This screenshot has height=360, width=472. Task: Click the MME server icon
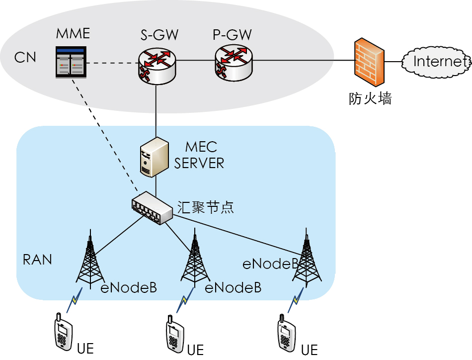[71, 62]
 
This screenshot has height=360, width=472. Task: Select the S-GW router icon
[156, 65]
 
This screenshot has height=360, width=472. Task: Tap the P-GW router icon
[234, 62]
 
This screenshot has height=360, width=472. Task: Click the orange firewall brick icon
[369, 63]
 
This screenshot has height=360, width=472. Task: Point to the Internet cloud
[436, 62]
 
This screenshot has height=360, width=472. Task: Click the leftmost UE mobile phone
[63, 333]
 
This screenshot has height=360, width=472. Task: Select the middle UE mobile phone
[174, 334]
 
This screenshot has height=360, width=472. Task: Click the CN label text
[25, 58]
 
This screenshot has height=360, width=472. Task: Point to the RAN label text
[37, 260]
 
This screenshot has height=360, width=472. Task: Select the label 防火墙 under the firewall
[370, 98]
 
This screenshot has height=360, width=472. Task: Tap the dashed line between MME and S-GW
[112, 63]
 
